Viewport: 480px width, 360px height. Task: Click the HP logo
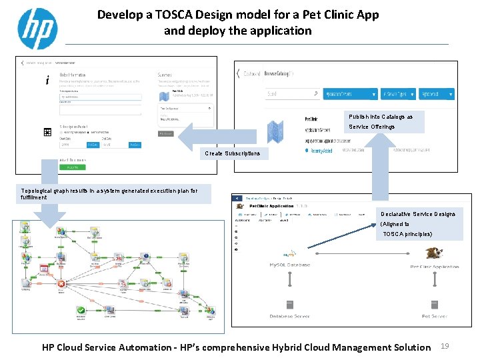[x=37, y=29]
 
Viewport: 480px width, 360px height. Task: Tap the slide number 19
[x=447, y=346]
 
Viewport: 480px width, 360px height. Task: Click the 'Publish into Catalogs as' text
[x=381, y=117]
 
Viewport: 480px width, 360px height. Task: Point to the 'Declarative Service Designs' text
[x=417, y=214]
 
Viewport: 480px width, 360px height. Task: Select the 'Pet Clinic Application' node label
[x=434, y=267]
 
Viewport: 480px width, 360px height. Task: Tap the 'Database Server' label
[x=290, y=316]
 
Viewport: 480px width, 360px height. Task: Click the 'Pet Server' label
[x=434, y=316]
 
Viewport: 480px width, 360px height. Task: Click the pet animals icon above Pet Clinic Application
[x=435, y=253]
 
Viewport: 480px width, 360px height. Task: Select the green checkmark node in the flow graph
[x=80, y=311]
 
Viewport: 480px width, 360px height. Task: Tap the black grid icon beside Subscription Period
[x=47, y=132]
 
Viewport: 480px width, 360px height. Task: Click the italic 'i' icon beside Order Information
[x=47, y=81]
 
